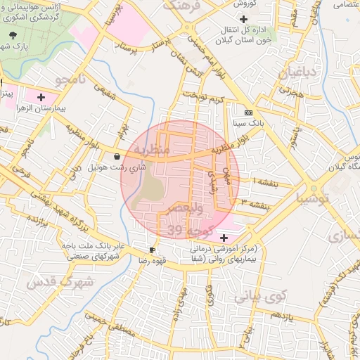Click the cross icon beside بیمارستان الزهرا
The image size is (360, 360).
[41, 97]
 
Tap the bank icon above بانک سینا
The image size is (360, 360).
[248, 112]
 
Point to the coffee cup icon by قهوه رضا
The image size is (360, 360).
[153, 250]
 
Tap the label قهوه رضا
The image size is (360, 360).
[133, 260]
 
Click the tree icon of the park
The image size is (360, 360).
[12, 35]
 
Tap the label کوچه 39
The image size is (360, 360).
[184, 231]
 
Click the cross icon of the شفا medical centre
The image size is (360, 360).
[224, 237]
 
